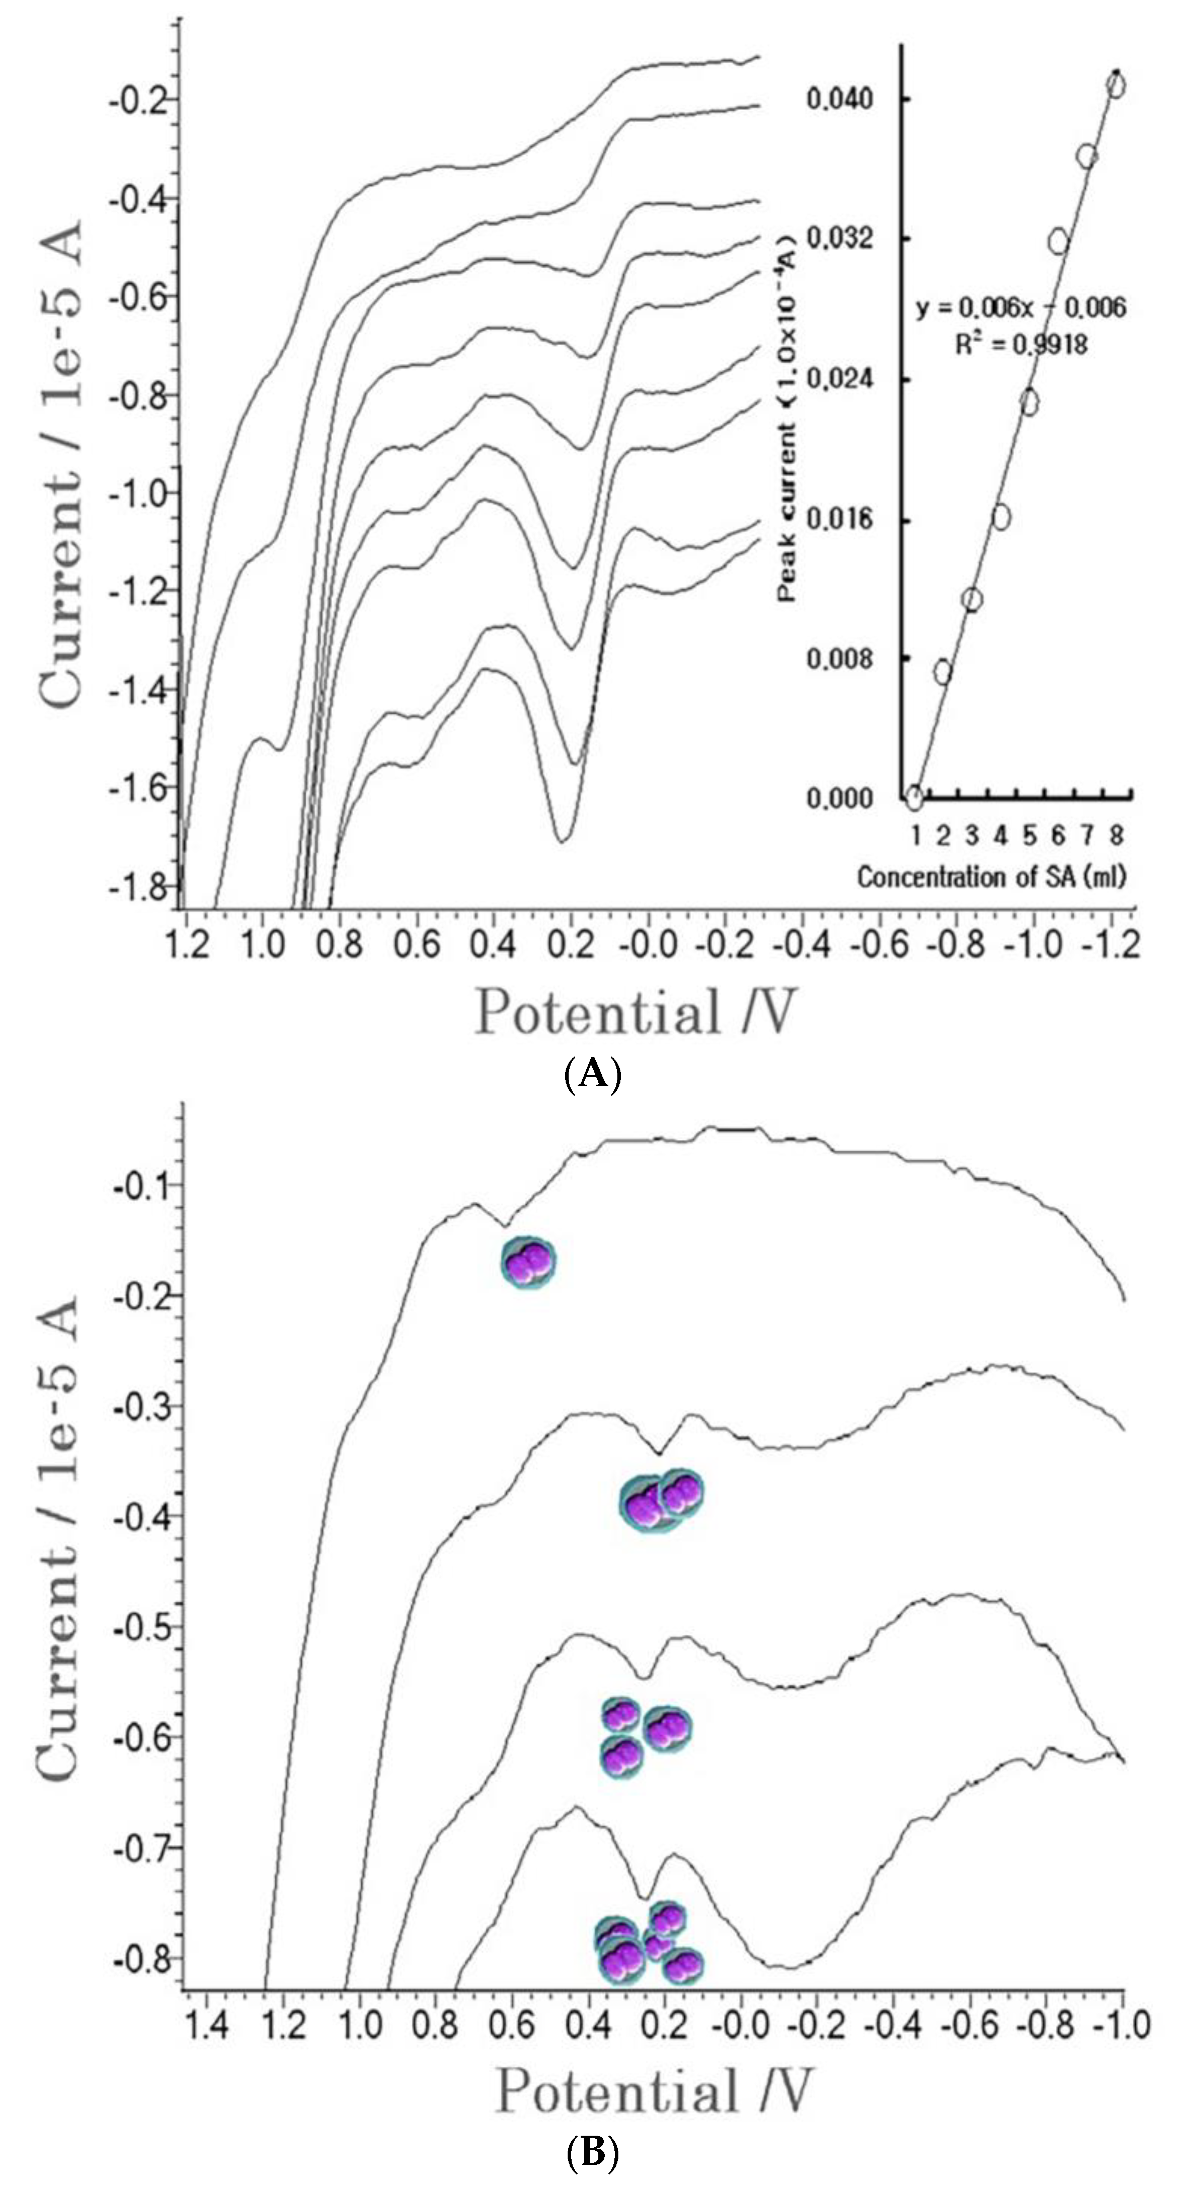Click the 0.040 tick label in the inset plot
[x=841, y=99]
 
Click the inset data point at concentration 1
[x=914, y=798]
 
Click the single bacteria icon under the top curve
[x=527, y=1262]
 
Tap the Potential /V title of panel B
[x=653, y=2092]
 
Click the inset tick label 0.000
[x=841, y=799]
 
